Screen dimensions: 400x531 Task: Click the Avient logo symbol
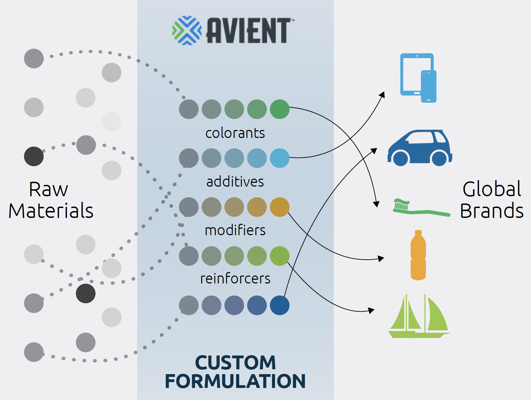[187, 30]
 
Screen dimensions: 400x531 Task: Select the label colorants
[235, 133]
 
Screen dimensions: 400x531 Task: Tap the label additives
[235, 182]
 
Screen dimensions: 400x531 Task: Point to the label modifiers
[235, 230]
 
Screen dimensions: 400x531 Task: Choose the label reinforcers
[235, 279]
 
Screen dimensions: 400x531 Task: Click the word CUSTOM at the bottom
[236, 362]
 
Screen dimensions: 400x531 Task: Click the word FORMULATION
[235, 381]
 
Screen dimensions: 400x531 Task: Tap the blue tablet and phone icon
[418, 78]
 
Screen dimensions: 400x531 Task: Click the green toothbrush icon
[421, 208]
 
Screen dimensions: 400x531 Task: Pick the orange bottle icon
[418, 255]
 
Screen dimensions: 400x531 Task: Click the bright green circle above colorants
[280, 109]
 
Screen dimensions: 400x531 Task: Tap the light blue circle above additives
[280, 158]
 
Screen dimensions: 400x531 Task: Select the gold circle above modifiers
[280, 207]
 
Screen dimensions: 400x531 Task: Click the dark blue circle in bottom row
[280, 305]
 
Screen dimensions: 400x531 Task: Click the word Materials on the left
[51, 211]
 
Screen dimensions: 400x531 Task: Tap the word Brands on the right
[492, 211]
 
